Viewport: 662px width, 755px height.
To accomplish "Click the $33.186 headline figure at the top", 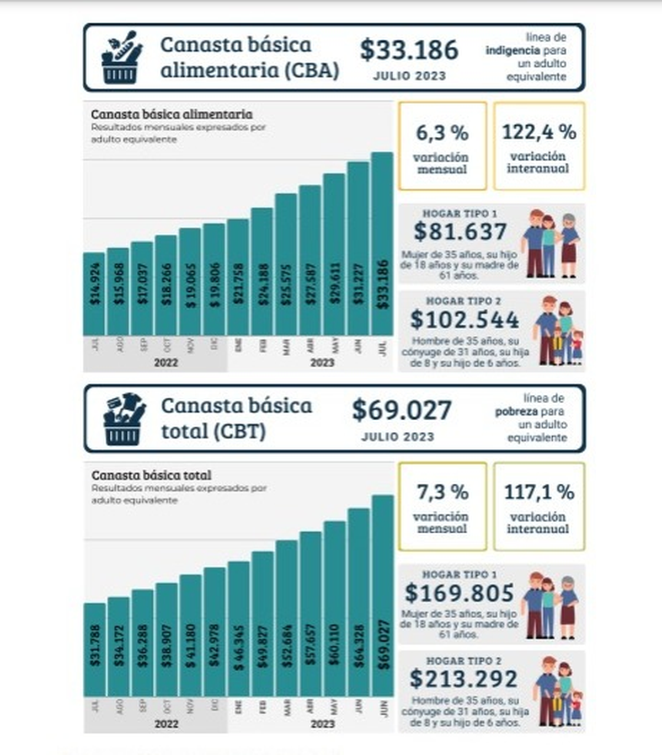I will pos(409,50).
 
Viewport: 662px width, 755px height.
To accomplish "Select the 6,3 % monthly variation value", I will pos(442,133).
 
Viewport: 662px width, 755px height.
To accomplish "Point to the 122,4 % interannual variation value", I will pos(539,132).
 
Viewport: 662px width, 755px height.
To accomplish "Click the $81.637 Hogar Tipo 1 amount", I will pos(460,232).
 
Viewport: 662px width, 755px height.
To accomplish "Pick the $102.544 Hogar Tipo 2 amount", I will pos(465,320).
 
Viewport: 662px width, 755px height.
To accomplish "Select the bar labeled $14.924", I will pos(94,293).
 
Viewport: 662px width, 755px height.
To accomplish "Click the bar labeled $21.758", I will pos(238,277).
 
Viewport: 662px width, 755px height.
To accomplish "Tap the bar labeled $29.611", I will pos(334,254).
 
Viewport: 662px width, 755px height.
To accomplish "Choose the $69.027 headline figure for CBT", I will pos(402,410).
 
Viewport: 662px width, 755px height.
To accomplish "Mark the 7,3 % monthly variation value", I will pos(442,492).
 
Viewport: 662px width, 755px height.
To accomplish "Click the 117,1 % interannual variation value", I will pos(539,492).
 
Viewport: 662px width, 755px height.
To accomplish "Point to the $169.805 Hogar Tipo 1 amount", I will pos(459,593).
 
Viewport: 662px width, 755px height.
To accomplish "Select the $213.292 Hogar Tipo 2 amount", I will pos(463,679).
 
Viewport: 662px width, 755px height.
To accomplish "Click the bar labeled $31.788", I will pos(94,649).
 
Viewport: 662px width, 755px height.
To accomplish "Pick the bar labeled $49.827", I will pos(262,623).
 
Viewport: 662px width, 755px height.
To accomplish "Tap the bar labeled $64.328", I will pos(359,602).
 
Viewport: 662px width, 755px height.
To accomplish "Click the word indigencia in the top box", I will pos(512,51).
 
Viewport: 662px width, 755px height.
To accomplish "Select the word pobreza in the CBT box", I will pos(516,411).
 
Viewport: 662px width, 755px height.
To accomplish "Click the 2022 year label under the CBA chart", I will pos(165,362).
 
